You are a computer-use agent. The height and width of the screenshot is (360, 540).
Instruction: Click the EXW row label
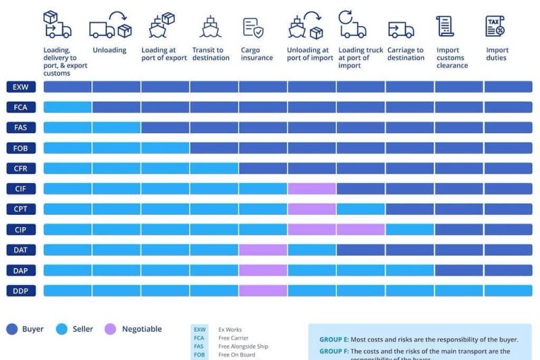click(x=20, y=87)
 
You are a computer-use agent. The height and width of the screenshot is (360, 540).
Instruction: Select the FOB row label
click(x=20, y=148)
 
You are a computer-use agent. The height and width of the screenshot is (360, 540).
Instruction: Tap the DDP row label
click(x=20, y=290)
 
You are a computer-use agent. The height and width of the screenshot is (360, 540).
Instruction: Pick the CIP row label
click(x=20, y=230)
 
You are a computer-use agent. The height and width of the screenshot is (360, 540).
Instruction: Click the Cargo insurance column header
click(x=257, y=54)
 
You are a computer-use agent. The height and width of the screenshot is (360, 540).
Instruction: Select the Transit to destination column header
click(x=208, y=54)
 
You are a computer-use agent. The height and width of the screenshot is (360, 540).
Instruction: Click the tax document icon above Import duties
click(x=495, y=26)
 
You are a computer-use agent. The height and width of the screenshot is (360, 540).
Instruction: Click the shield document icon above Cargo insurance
click(x=253, y=27)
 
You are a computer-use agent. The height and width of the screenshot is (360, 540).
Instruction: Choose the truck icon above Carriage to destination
click(x=401, y=29)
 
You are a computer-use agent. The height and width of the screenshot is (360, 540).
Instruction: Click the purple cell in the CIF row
click(x=312, y=188)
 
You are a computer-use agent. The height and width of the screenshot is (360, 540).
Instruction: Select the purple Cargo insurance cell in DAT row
click(x=263, y=250)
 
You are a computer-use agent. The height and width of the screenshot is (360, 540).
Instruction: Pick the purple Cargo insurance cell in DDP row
click(x=263, y=290)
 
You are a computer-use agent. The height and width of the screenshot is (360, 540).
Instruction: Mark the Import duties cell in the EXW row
click(x=508, y=87)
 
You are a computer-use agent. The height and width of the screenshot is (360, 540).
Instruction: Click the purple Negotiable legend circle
click(x=111, y=330)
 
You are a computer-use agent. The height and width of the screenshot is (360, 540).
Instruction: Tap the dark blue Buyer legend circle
click(x=11, y=330)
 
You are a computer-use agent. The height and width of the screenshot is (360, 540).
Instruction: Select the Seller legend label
click(x=82, y=330)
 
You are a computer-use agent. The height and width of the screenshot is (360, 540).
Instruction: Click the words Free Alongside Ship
click(x=243, y=346)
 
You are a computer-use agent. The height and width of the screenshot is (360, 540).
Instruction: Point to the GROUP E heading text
click(x=334, y=340)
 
